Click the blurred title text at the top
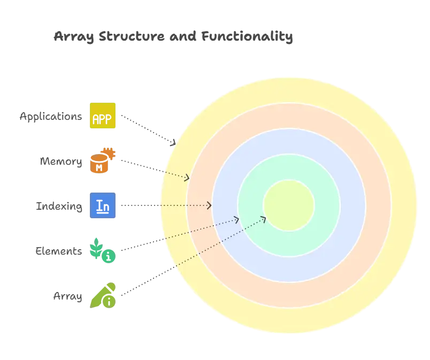[173, 37]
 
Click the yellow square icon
[102, 116]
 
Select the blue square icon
[102, 205]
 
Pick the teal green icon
[102, 250]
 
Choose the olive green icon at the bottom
[103, 295]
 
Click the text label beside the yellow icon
[51, 117]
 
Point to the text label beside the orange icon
[62, 161]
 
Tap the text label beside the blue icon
[59, 206]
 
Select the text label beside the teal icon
[59, 250]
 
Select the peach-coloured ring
[289, 116]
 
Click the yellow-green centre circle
[289, 205]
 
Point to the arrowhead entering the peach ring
[187, 178]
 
